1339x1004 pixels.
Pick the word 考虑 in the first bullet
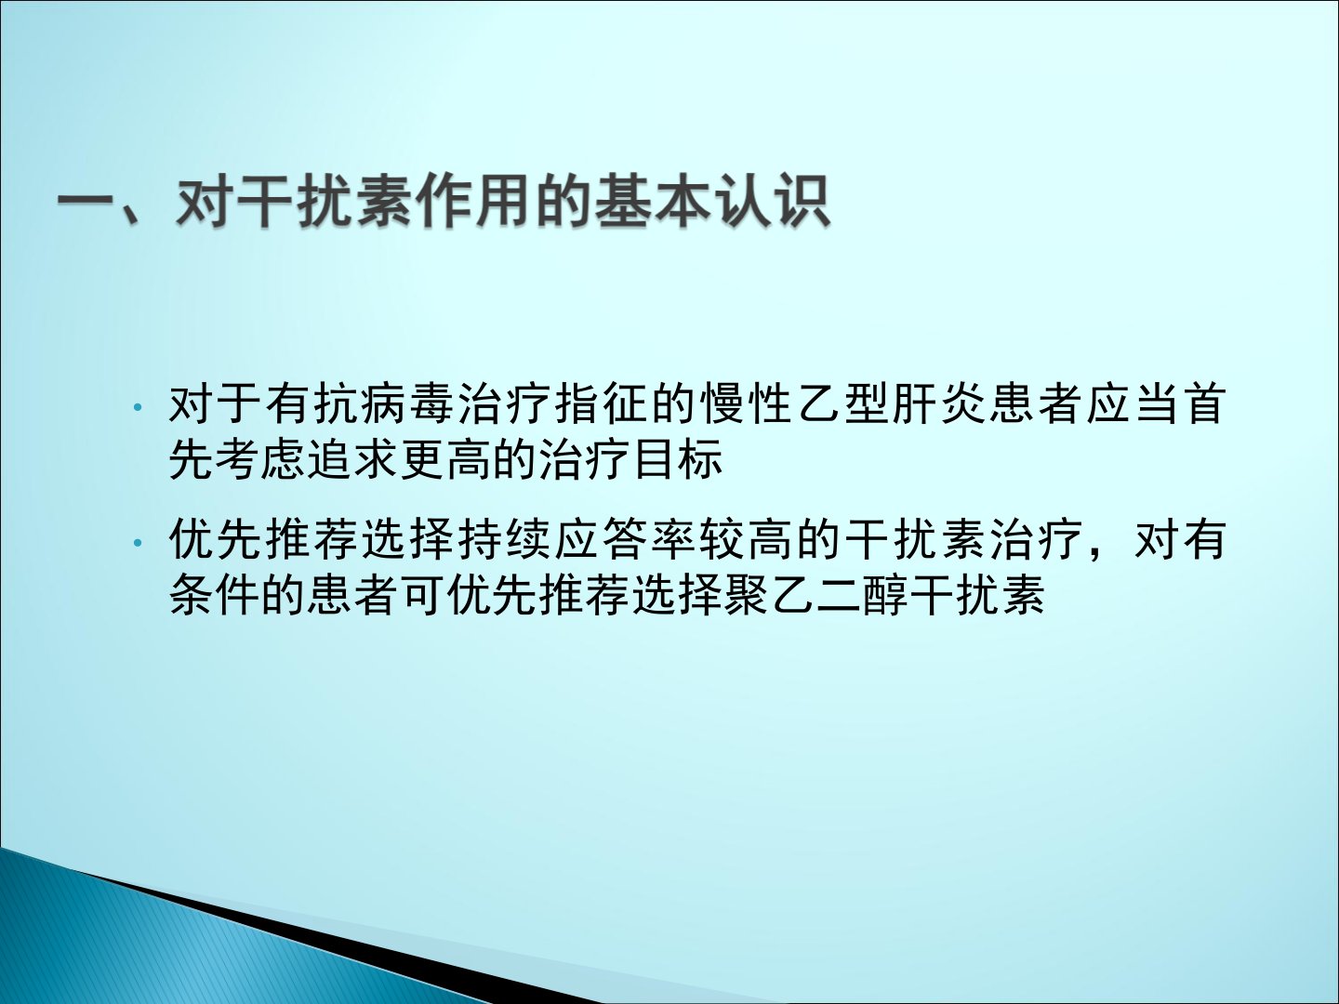[263, 458]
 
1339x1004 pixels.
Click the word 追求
[360, 458]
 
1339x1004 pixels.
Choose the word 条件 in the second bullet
[216, 594]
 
